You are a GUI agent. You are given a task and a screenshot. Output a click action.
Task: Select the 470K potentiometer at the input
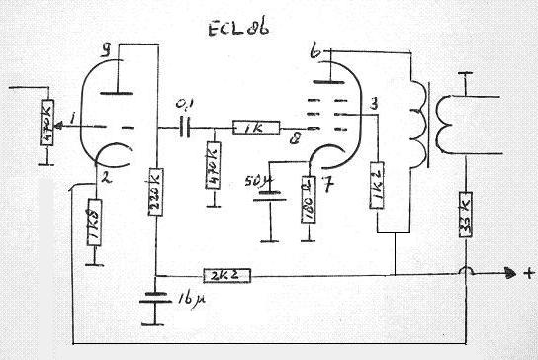pyautogui.click(x=45, y=121)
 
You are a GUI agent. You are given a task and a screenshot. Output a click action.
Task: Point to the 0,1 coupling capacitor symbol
pyautogui.click(x=185, y=126)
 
